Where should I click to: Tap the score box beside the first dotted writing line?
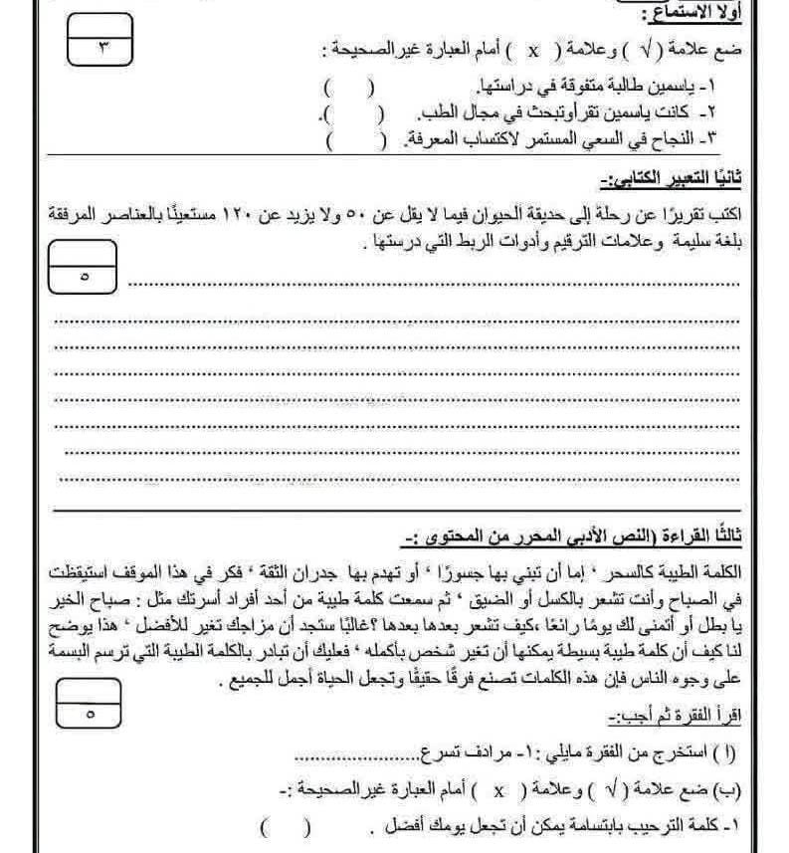[83, 267]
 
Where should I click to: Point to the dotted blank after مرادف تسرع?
[352, 752]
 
